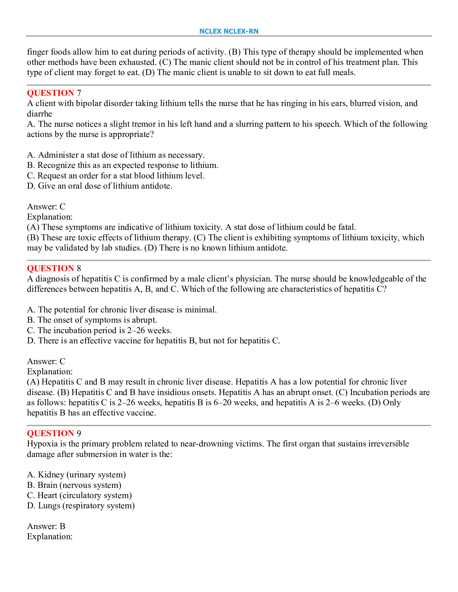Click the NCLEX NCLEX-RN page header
229,31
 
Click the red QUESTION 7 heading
54,93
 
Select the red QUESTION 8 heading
54,268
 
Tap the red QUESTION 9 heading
54,434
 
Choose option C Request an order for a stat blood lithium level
116,176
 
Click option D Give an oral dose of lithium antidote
100,186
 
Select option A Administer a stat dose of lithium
116,155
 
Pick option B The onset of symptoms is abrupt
92,320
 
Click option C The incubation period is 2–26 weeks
99,330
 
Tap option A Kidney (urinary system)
77,475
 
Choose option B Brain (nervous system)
74,485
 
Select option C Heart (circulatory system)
79,495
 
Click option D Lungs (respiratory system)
81,506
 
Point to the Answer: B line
46,526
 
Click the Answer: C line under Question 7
46,207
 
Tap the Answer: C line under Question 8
46,361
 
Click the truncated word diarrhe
39,114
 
